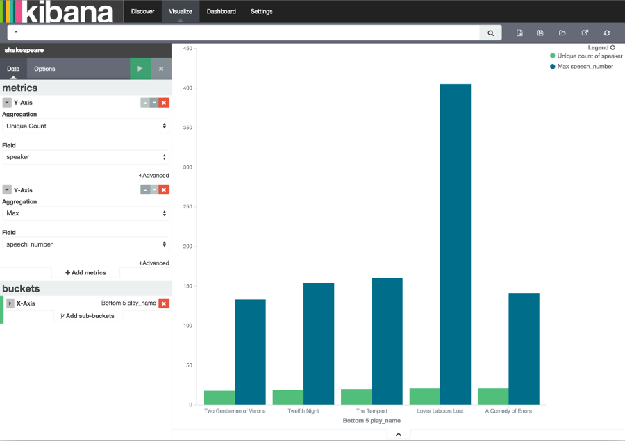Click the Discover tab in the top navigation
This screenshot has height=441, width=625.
coord(142,11)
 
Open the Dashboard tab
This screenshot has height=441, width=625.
coord(221,11)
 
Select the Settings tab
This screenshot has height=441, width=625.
coord(261,11)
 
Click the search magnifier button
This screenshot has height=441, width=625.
coord(490,33)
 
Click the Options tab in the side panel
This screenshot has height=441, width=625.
coord(44,69)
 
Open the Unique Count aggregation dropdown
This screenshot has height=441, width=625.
coord(85,126)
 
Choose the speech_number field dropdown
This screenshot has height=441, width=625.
coord(85,244)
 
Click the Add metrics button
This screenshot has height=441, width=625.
coord(85,273)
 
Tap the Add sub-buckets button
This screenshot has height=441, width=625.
coord(87,316)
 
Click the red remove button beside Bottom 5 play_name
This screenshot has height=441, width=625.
coord(164,303)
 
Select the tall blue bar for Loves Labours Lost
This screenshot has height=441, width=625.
coord(455,243)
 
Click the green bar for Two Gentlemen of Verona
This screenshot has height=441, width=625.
coord(219,397)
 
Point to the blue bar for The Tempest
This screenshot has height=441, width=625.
coord(387,340)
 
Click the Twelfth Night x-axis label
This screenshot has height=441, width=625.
coord(303,411)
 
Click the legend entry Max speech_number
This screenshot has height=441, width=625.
coord(585,67)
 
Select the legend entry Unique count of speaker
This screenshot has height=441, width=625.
coord(590,56)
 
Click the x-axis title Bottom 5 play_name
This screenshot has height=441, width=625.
coord(372,421)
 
